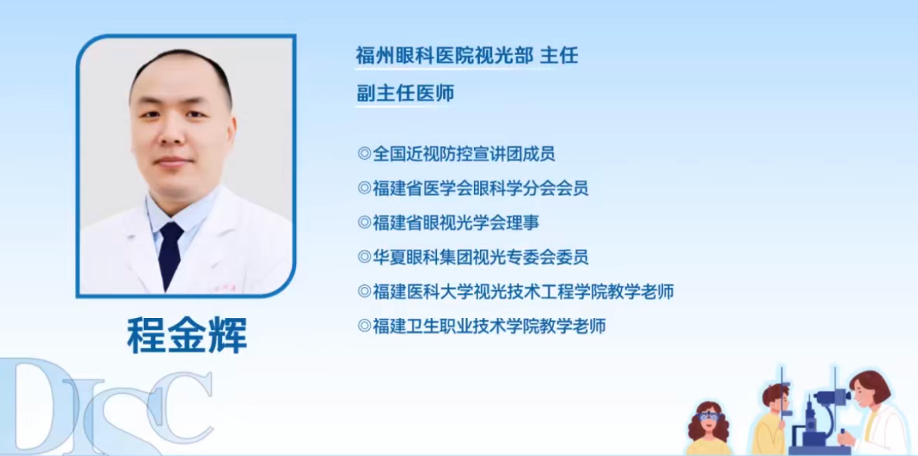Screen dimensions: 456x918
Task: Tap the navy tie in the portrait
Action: point(170,252)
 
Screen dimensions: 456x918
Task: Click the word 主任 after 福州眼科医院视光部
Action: point(559,55)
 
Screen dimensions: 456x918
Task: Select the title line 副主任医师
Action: point(405,94)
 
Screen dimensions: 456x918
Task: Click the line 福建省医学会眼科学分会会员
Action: point(480,188)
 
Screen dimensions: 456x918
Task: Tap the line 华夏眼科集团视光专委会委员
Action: point(480,257)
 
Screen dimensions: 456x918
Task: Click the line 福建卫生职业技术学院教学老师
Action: point(489,326)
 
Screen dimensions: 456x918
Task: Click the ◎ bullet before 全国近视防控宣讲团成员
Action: point(364,154)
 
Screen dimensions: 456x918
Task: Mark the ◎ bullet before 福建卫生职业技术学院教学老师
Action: point(364,326)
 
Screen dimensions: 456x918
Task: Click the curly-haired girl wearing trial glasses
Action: point(708,427)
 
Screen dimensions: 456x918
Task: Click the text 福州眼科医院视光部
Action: point(445,55)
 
